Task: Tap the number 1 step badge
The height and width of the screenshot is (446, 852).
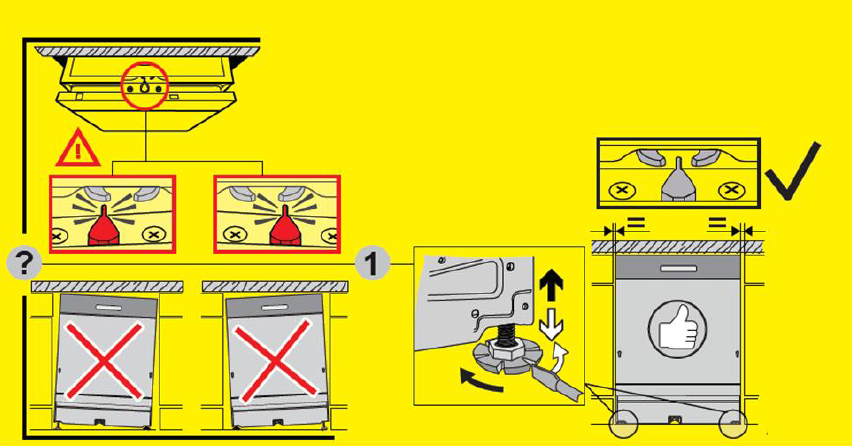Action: (x=373, y=265)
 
